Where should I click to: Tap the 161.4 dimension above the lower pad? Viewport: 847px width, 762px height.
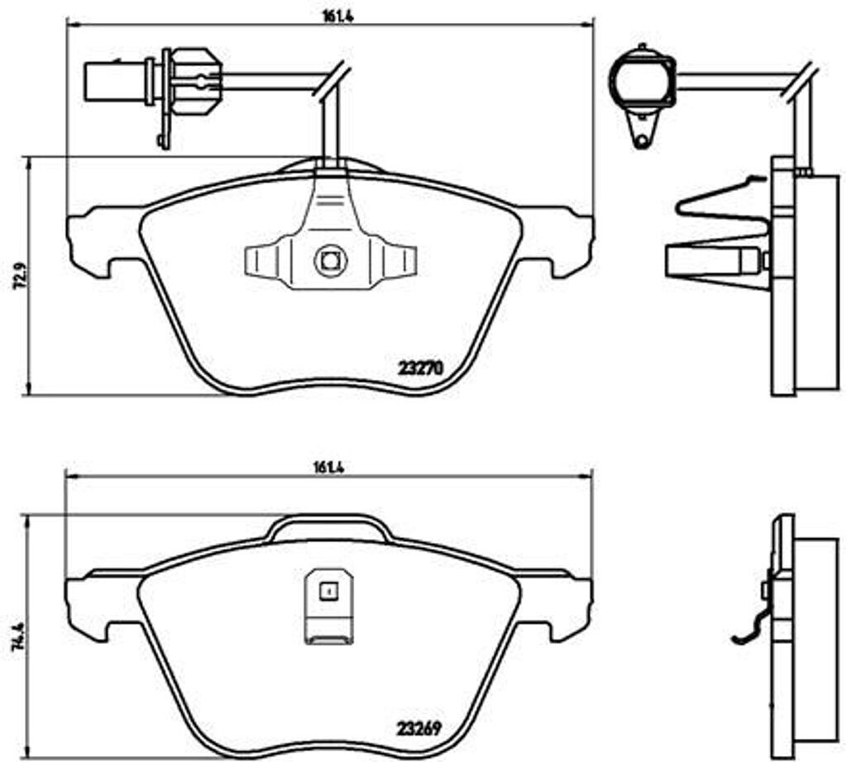click(329, 466)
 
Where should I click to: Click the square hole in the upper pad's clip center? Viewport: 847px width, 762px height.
click(329, 261)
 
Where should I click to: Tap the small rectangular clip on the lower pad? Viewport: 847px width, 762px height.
click(328, 607)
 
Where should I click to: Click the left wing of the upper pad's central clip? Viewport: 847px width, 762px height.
click(265, 261)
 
